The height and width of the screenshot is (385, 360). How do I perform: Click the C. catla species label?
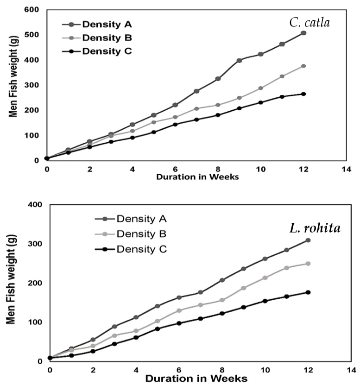(309, 23)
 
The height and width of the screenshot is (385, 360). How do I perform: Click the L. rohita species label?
(315, 228)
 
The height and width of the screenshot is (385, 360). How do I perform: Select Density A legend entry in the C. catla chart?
(97, 24)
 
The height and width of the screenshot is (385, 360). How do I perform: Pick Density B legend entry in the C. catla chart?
(97, 38)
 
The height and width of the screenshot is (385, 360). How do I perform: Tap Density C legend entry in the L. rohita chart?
(131, 249)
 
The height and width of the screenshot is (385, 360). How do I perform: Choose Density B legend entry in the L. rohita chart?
(131, 234)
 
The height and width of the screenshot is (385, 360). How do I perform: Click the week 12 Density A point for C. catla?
(303, 33)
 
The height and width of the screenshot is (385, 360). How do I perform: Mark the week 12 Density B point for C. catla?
(303, 66)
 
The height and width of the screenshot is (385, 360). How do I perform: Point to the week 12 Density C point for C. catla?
(303, 94)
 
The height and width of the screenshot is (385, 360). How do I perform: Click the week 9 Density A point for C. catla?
(240, 60)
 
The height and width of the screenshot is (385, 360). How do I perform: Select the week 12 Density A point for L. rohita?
(308, 240)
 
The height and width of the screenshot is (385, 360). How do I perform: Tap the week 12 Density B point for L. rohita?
(308, 264)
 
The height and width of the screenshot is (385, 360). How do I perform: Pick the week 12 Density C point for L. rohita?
(308, 292)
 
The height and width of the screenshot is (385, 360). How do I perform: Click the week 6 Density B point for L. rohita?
(179, 310)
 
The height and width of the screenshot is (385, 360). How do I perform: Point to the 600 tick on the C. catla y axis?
(32, 10)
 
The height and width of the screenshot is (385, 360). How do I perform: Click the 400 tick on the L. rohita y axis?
(35, 204)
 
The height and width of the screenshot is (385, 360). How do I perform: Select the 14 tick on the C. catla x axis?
(346, 169)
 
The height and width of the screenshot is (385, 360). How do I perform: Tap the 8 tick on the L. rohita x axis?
(222, 370)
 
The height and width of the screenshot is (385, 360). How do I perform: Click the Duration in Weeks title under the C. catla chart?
(197, 177)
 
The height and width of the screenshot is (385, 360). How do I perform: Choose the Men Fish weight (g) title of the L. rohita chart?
(11, 279)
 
